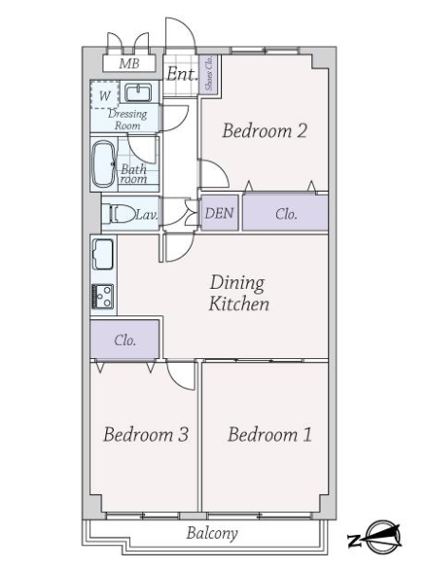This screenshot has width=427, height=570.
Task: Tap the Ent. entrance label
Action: [181, 74]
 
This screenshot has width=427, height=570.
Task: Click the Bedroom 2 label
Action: [264, 132]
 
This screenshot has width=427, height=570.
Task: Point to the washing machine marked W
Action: [104, 95]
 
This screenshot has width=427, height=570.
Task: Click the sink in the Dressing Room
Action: [139, 93]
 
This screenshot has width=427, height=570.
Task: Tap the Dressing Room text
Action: [127, 120]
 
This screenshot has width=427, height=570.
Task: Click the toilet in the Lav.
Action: [120, 215]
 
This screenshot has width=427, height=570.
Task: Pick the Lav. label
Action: [145, 216]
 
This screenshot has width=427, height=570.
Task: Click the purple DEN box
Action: [219, 214]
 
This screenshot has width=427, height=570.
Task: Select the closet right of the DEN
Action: [286, 214]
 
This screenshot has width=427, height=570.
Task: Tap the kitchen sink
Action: [102, 255]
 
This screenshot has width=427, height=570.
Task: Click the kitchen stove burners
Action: [102, 294]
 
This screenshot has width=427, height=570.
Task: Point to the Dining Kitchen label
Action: [239, 294]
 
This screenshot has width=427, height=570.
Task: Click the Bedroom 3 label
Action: [145, 435]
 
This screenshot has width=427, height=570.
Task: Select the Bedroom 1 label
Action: [269, 435]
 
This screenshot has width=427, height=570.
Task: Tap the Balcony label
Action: [211, 534]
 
